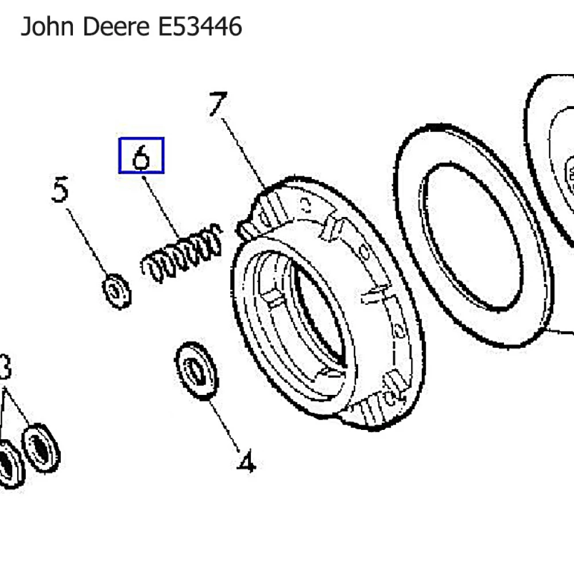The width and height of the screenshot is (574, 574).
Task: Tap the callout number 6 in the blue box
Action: tap(141, 156)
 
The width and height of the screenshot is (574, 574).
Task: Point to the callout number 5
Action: tap(60, 190)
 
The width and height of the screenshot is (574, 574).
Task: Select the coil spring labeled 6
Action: tap(181, 254)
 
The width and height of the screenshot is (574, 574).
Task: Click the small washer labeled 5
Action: tap(117, 291)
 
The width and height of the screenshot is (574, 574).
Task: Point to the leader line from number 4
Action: tap(224, 424)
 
